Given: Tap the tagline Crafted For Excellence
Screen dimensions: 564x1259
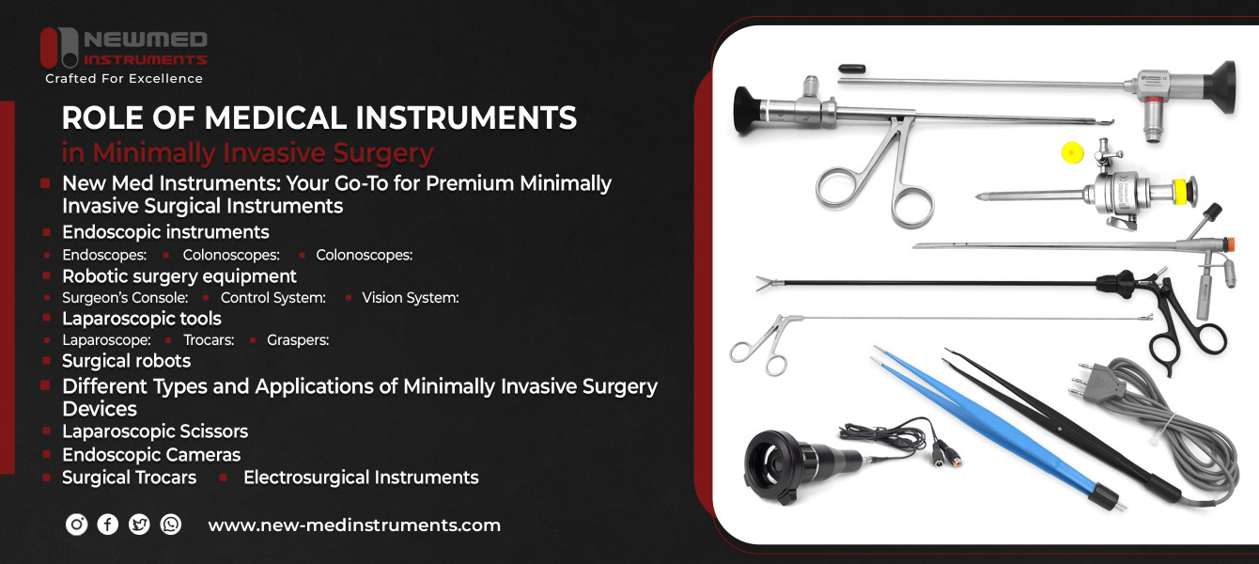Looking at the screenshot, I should coord(124,79).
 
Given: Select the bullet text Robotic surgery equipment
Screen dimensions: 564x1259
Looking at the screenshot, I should coord(179,276).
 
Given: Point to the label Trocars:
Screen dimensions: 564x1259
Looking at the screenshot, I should coord(209,340).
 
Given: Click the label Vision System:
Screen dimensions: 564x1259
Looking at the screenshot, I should coord(410,298).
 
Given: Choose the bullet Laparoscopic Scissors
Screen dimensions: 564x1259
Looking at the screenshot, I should coord(155,431).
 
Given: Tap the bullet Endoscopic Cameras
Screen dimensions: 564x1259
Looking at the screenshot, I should coord(151,455).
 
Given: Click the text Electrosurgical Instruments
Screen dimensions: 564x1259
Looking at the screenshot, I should coord(361,478).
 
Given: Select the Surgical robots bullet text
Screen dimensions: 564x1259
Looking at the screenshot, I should coord(126,361).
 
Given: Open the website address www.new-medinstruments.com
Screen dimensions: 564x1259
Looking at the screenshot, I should coord(354,525).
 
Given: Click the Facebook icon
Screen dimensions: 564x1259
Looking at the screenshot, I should coord(108,525).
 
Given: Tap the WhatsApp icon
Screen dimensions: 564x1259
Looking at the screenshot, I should coord(170,525).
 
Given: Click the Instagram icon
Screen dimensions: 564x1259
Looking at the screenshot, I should coord(77,525).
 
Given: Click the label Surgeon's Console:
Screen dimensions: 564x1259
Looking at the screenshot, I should coord(125,298).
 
